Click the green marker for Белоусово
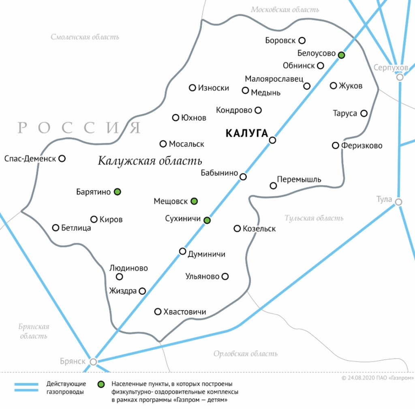pos(342,55)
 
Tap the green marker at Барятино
pos(118,192)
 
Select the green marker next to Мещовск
pos(194,201)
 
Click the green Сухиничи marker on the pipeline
pos(207,220)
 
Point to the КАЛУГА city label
pos(246,133)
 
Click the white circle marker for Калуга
pos(273,140)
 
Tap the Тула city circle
pos(399,202)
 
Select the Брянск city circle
pos(94,362)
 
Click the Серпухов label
pos(391,67)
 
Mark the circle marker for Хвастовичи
pos(158,312)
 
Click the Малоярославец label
pos(274,79)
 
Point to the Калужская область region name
pos(150,161)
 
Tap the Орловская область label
pos(246,354)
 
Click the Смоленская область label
pos(85,37)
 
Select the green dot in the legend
pos(101,384)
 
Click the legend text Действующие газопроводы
pos(66,388)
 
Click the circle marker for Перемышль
pos(274,186)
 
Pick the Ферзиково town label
pos(362,146)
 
